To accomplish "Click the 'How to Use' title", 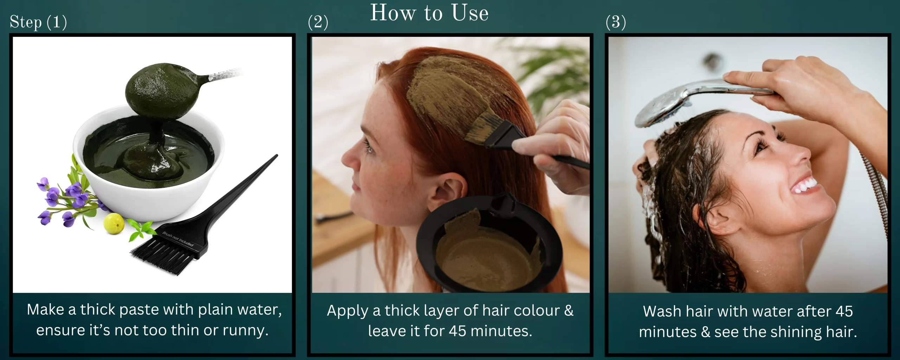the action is click(429, 13).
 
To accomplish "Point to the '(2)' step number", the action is click(318, 22).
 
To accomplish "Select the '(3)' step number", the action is click(616, 22).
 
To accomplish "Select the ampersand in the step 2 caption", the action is click(568, 310).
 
